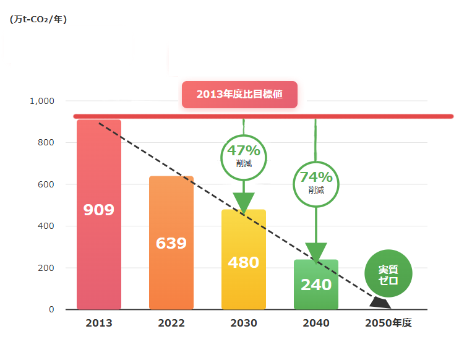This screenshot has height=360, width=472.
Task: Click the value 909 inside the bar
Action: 99,210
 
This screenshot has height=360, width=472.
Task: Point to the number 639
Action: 171,243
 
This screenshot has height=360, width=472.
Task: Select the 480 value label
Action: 244,262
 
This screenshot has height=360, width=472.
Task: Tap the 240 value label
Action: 316,285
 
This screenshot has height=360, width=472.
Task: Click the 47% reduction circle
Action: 244,157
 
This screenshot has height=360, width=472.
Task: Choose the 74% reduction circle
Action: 316,183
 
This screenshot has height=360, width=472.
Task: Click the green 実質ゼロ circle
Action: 388,274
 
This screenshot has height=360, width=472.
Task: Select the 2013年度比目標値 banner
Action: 239,95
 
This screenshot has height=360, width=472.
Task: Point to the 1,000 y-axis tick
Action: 43,101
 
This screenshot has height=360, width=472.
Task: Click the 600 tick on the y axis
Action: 46,184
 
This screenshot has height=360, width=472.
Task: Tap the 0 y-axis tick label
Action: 52,309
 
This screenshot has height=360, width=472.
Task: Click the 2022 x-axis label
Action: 171,323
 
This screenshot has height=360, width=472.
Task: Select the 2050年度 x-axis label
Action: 388,323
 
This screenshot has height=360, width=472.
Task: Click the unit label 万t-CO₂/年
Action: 38,19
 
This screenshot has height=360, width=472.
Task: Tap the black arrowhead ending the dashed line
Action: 380,303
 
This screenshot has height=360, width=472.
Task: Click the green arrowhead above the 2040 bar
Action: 316,252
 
